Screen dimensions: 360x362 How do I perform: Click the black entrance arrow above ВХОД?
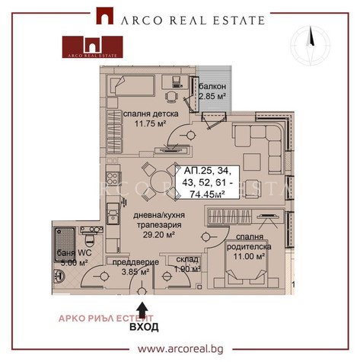coord(143,310)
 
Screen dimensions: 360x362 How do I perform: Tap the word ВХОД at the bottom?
coord(144,327)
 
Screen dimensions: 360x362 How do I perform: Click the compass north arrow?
coord(311,37)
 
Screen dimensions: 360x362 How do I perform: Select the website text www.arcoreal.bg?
coord(180,349)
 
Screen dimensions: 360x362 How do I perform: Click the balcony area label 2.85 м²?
coord(212,97)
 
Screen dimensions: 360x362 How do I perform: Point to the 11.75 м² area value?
coord(150,124)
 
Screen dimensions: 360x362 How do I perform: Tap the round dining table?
coord(161,182)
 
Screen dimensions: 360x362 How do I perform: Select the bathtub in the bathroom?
coord(65,245)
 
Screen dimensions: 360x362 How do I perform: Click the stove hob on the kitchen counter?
coord(112,178)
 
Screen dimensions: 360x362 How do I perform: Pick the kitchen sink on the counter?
coord(113,213)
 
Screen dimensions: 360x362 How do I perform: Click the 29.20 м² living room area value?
coord(159,235)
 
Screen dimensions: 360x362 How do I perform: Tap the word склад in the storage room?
coord(187,259)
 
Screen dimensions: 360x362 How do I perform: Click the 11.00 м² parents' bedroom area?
coord(250,256)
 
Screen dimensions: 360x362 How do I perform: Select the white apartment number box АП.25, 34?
coord(208,182)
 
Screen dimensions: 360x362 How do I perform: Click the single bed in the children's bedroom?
coord(131,85)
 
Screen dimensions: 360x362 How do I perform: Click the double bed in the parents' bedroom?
coord(246,264)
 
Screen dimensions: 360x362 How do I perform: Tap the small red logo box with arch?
coord(93,47)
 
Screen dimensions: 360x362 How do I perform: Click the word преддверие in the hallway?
coord(135,262)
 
